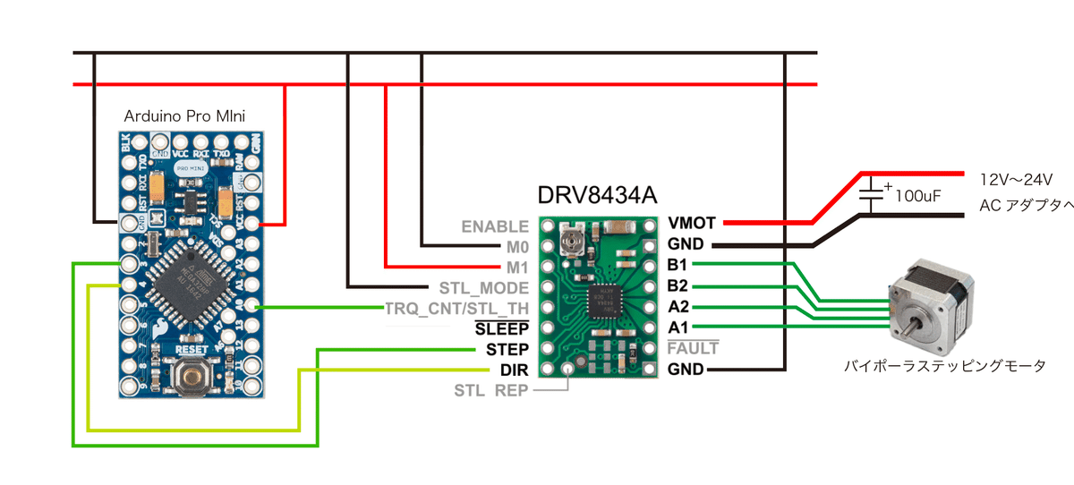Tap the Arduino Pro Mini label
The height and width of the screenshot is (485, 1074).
pos(185,116)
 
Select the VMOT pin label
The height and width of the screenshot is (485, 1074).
pos(691,223)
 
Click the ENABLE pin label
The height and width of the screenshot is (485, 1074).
pos(495,226)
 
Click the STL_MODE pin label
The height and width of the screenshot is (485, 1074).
pos(483,288)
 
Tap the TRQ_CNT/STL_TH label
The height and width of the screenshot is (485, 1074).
pos(456,309)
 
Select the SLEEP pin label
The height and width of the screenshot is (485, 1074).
pos(507,328)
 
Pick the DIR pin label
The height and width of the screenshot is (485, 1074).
pos(514,370)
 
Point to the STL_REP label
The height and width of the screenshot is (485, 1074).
pos(490,390)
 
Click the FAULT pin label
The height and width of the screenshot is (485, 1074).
pos(693,348)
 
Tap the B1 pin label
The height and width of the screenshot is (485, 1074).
pos(678,265)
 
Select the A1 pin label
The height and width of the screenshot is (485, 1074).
pos(678,328)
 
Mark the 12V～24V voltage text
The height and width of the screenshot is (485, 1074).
pos(1016,179)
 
